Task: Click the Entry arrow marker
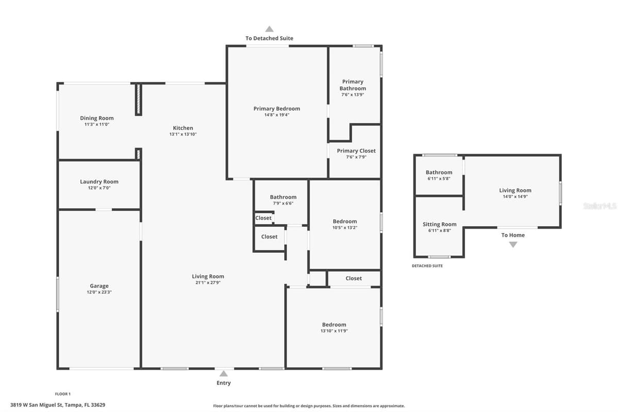point(224,374)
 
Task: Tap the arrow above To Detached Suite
point(269,29)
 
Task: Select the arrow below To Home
point(513,245)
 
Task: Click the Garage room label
point(99,286)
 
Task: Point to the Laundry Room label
point(99,182)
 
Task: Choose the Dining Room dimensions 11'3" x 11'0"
point(97,125)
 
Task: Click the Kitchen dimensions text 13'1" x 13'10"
point(183,134)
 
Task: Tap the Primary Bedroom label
point(277,109)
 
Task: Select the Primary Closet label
point(356,151)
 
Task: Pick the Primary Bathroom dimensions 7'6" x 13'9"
point(353,95)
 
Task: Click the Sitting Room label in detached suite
point(439,225)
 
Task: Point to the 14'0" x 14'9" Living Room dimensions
point(515,197)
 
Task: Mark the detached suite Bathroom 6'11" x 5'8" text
point(439,179)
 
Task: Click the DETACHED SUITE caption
point(427,266)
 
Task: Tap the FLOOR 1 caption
point(63,394)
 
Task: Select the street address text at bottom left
point(58,405)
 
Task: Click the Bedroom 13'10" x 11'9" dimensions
point(334,331)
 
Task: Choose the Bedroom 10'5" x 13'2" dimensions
point(345,228)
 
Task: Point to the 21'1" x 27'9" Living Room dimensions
point(208,283)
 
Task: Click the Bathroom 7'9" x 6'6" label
point(283,197)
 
